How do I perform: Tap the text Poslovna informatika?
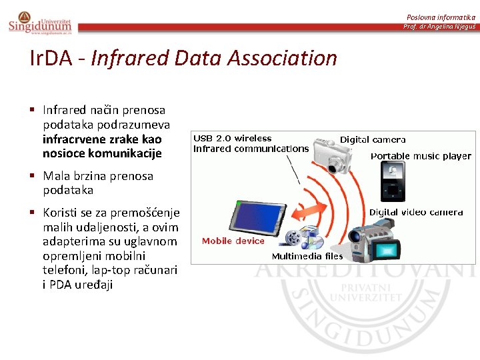pyautogui.click(x=441, y=17)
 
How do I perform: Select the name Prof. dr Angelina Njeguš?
pyautogui.click(x=439, y=27)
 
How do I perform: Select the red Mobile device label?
pyautogui.click(x=233, y=241)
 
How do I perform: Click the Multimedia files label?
pyautogui.click(x=307, y=256)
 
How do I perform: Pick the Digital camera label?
pyautogui.click(x=373, y=140)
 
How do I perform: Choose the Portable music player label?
pyautogui.click(x=421, y=157)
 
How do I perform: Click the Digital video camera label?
pyautogui.click(x=416, y=212)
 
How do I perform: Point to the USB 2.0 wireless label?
pyautogui.click(x=233, y=139)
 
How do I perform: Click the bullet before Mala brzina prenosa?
pyautogui.click(x=33, y=176)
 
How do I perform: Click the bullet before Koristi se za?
pyautogui.click(x=33, y=213)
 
